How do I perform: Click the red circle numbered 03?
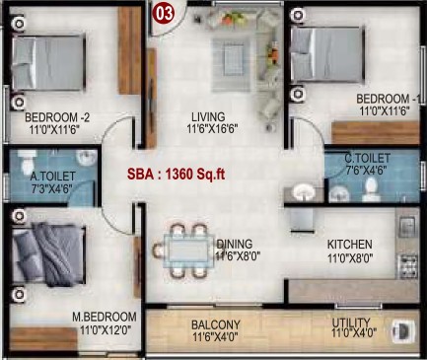tap(164, 14)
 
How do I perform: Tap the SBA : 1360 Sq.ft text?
tap(177, 175)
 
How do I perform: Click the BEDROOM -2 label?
tap(57, 117)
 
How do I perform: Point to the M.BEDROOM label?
tap(105, 317)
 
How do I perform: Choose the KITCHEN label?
tap(350, 245)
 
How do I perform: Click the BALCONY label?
tap(216, 325)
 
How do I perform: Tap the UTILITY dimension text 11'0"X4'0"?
tap(354, 333)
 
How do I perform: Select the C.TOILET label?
tap(368, 158)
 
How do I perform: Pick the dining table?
tap(186, 251)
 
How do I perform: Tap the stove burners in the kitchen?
tap(408, 265)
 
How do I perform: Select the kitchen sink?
tap(408, 227)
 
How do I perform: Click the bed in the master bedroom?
tap(48, 253)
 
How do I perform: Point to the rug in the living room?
tap(232, 65)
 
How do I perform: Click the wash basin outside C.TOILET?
tap(304, 191)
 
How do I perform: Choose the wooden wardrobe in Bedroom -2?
tap(129, 50)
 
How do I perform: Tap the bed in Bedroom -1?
tap(327, 54)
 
